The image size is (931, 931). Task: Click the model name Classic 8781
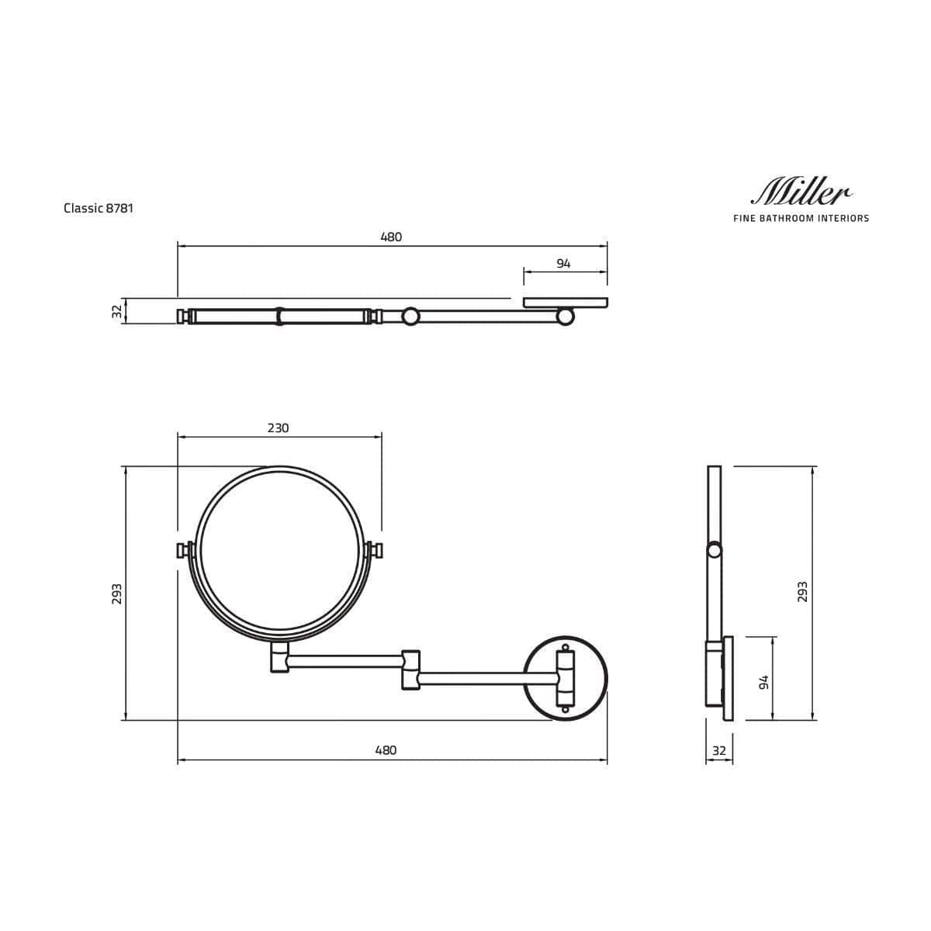pos(99,208)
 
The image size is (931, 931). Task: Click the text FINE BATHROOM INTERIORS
pos(801,219)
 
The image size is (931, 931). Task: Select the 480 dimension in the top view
pos(391,237)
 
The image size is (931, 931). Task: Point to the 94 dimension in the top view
pos(563,264)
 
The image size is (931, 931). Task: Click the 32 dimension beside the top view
pos(117,311)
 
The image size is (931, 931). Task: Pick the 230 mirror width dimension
pos(278,428)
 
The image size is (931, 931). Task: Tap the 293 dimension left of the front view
pos(117,594)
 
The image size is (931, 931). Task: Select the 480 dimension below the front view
pos(386,750)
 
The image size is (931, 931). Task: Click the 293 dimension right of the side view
pos(803,592)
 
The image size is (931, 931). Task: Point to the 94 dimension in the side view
pos(763,682)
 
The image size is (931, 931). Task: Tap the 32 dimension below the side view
pos(718,751)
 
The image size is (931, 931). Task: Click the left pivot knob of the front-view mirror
pos(184,550)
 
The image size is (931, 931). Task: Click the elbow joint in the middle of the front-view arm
pos(410,670)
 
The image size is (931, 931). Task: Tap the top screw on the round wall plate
pos(566,646)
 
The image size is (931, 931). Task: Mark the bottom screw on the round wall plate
pos(566,708)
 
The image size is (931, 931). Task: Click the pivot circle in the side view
pos(714,550)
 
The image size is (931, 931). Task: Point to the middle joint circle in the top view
pos(410,316)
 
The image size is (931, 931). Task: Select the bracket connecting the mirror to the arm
pos(279,656)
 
